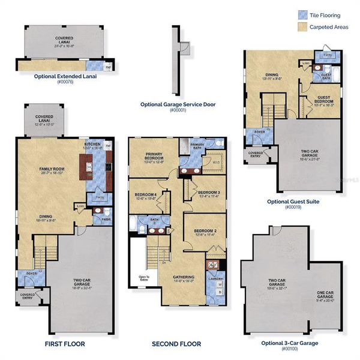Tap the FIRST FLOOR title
pos(65,344)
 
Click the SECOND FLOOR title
pos(176,344)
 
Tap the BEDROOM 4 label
pos(146,195)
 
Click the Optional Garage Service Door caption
pos(178,104)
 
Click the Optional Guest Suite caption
pos(293,202)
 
